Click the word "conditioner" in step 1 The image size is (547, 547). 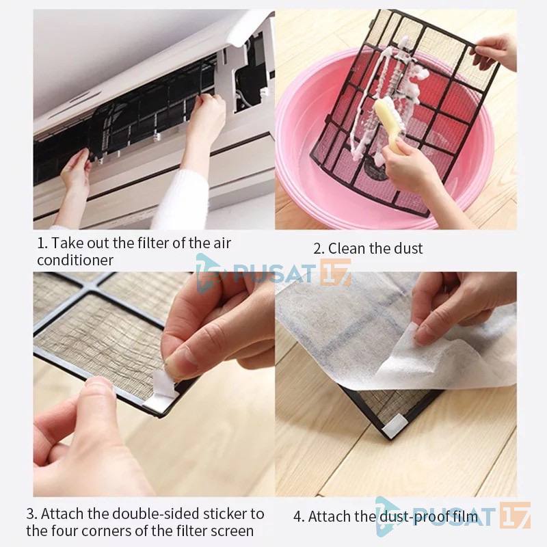click(75, 261)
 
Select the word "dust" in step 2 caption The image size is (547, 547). click(408, 248)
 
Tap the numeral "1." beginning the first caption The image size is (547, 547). click(42, 243)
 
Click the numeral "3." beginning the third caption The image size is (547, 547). click(31, 514)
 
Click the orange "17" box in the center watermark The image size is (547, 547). click(336, 272)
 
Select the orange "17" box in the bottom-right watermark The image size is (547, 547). click(515, 516)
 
